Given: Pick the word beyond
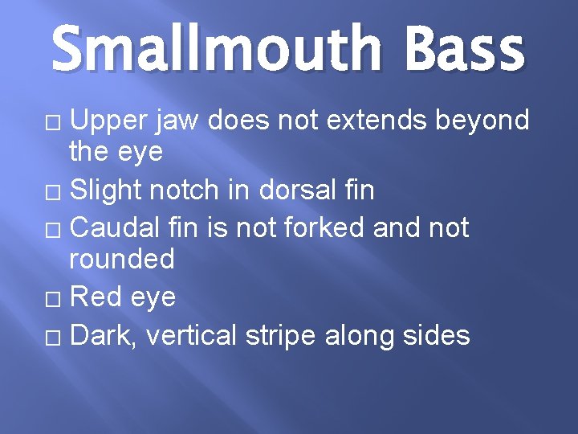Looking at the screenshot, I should coord(482,121).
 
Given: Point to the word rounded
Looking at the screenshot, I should coord(122,259).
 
